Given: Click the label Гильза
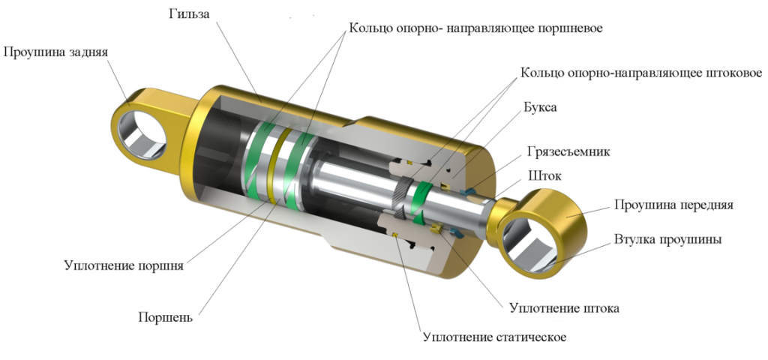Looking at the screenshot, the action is click(188, 14).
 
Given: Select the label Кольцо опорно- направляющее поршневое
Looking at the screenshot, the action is click(475, 28).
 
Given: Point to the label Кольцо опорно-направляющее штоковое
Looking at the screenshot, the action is click(641, 73).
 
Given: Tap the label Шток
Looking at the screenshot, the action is click(543, 175).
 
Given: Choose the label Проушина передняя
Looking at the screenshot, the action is click(674, 205).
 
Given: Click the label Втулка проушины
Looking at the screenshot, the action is click(667, 240).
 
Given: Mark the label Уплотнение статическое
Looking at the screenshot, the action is click(495, 337).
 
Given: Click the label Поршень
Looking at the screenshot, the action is click(165, 316).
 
